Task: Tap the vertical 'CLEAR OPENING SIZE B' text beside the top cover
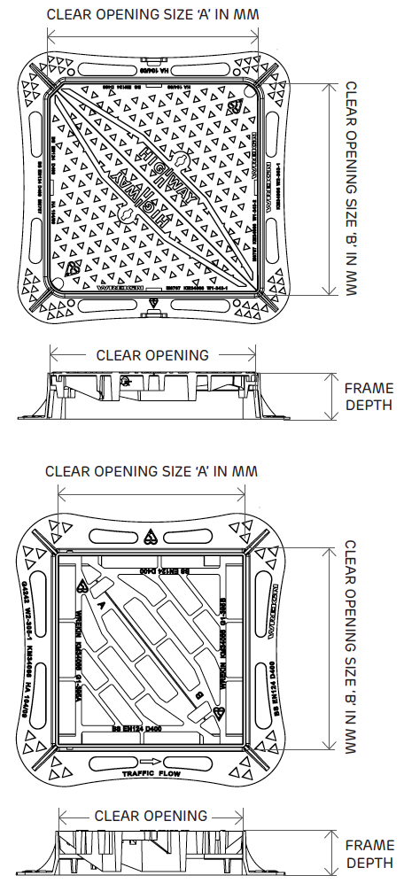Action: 351,190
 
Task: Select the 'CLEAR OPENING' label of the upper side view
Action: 152,355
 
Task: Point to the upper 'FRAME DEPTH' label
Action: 369,396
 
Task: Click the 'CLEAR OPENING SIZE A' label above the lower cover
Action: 151,471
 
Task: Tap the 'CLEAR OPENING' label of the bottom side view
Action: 151,816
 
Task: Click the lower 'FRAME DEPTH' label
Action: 369,854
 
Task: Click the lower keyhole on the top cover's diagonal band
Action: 126,215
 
